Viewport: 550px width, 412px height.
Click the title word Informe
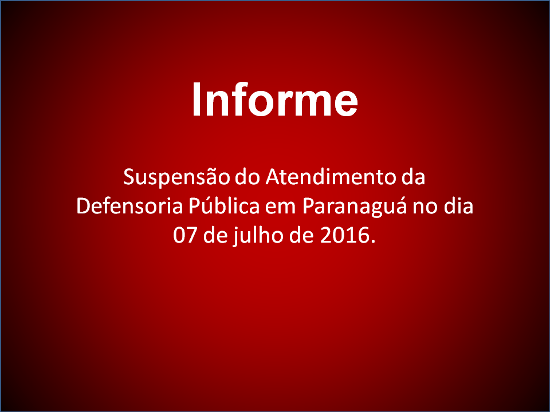(275, 99)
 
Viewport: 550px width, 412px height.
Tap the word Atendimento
(331, 177)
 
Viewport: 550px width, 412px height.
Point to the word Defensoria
(130, 206)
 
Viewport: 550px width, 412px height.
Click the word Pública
(224, 205)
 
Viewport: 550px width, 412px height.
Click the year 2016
(344, 236)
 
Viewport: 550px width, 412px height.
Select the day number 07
(185, 236)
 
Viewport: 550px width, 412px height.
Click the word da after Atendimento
(414, 177)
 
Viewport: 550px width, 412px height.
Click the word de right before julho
(215, 235)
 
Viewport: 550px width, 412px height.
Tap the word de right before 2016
(302, 235)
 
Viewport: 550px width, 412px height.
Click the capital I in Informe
(196, 99)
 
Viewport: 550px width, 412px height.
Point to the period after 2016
(372, 241)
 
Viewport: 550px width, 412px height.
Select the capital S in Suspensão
(129, 177)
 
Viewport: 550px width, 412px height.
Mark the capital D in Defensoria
(83, 207)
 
